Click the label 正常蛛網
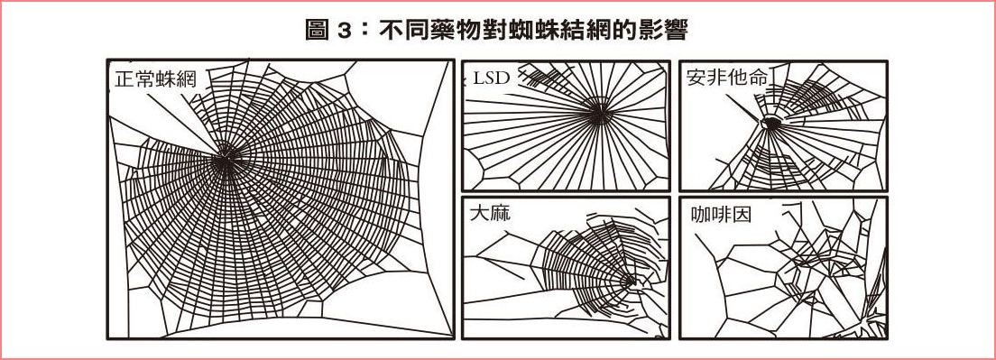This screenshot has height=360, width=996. [x=155, y=79]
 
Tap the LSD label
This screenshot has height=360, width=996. [x=493, y=78]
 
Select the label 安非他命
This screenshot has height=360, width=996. [x=727, y=77]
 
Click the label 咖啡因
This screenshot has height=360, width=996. [x=721, y=215]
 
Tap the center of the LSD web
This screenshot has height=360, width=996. [x=598, y=113]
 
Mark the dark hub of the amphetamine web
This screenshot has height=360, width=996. [x=771, y=123]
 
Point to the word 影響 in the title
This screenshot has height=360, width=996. [x=666, y=30]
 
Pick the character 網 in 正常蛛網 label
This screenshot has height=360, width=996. [x=186, y=79]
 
